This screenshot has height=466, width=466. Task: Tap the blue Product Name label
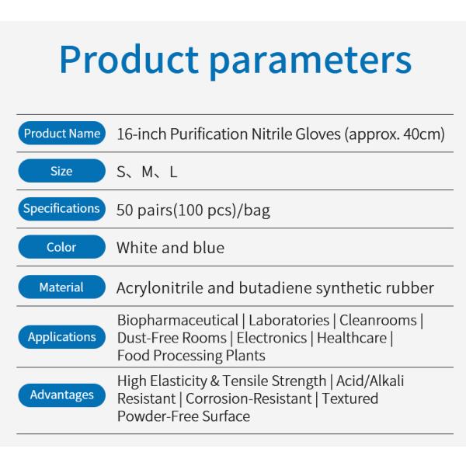pos(61,134)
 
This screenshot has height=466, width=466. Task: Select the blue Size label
pos(61,171)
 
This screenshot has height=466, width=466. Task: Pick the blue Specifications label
pos(61,208)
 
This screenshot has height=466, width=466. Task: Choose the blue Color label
pos(61,247)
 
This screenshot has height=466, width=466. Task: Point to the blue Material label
pos(61,287)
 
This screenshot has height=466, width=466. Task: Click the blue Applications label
pos(61,337)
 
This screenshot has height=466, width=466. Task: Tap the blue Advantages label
pos(61,395)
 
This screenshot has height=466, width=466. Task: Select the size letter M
pos(148,172)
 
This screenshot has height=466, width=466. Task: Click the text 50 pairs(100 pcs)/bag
pos(193,210)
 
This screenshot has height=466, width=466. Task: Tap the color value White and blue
pos(170,248)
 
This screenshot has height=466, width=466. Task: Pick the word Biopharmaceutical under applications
pos(177,320)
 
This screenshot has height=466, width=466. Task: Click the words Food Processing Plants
pos(191,356)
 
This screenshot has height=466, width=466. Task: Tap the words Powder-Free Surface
pos(183,416)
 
